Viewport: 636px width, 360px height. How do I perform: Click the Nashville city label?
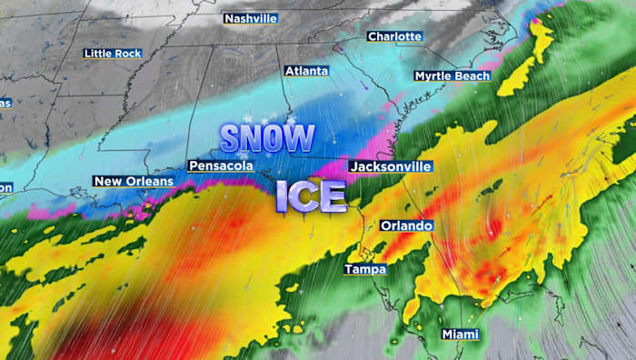pyautogui.click(x=251, y=18)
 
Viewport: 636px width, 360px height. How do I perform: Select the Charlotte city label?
pyautogui.click(x=394, y=36)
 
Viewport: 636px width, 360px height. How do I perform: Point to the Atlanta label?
pyautogui.click(x=306, y=70)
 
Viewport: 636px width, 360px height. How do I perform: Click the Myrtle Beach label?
pyautogui.click(x=452, y=75)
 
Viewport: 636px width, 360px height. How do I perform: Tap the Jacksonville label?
pyautogui.click(x=391, y=166)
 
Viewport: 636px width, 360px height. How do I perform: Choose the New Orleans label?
pyautogui.click(x=133, y=182)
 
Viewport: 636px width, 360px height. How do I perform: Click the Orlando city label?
pyautogui.click(x=406, y=225)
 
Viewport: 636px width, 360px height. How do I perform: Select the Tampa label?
pyautogui.click(x=365, y=269)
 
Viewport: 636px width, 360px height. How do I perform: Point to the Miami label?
pyautogui.click(x=460, y=335)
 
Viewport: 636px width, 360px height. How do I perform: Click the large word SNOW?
pyautogui.click(x=267, y=138)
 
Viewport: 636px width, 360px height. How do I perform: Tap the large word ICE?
pyautogui.click(x=311, y=195)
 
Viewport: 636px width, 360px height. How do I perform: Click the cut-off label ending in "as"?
pyautogui.click(x=5, y=102)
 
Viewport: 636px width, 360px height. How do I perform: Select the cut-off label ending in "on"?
pyautogui.click(x=5, y=187)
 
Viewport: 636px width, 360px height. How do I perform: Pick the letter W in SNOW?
pyautogui.click(x=298, y=138)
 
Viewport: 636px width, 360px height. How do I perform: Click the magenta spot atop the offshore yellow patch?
pyautogui.click(x=536, y=22)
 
